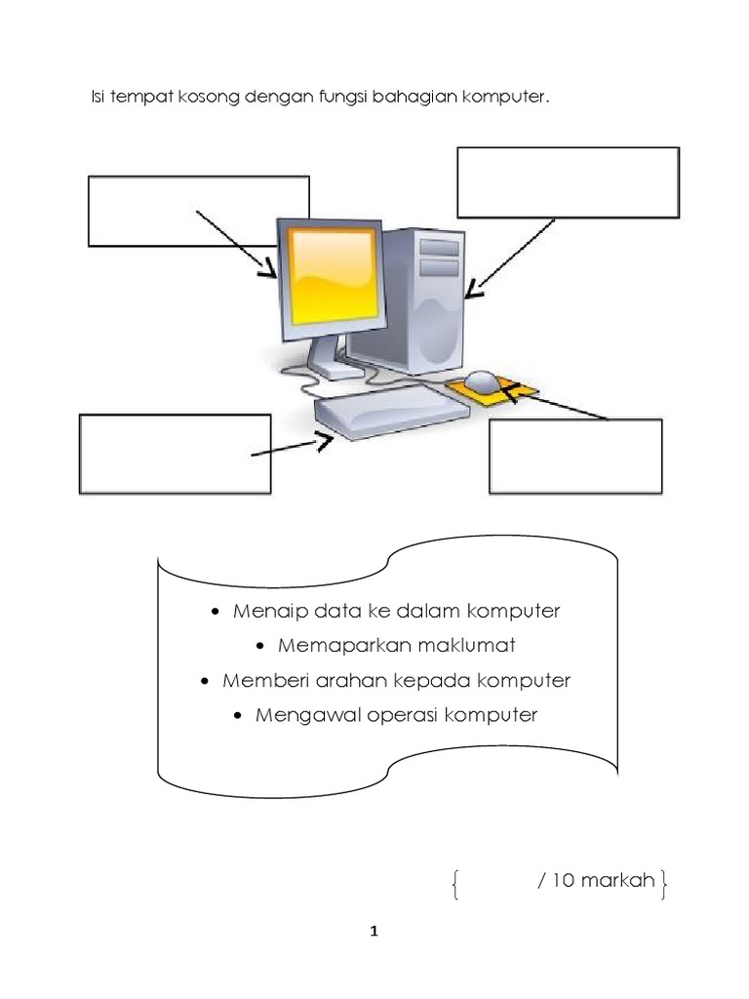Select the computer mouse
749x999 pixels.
(483, 380)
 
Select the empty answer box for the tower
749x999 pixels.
(568, 181)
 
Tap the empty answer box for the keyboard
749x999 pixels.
(175, 454)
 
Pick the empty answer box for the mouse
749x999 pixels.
(575, 456)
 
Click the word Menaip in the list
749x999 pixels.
(258, 612)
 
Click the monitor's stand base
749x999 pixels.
(333, 371)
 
